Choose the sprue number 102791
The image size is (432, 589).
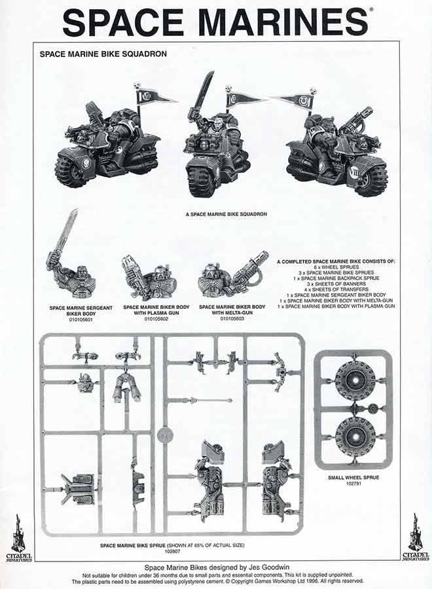[x=353, y=485]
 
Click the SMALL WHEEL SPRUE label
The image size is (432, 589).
[x=353, y=478]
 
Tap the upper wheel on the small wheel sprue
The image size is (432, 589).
[x=354, y=380]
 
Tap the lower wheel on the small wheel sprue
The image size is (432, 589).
[x=354, y=437]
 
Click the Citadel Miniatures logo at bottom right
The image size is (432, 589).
[x=415, y=537]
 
